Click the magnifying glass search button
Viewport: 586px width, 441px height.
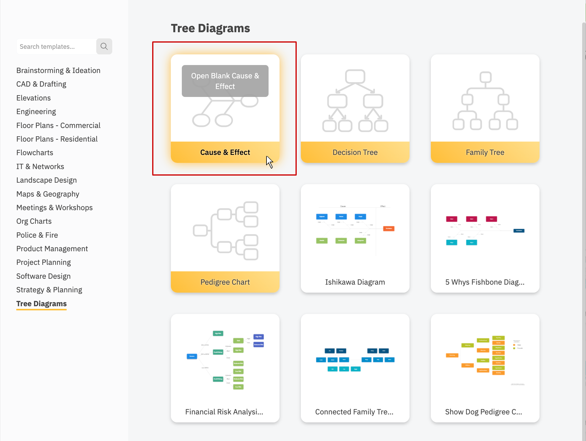104,46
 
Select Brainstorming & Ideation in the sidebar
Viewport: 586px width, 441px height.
58,70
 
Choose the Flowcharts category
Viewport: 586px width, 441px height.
35,153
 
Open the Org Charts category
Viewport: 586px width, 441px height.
34,221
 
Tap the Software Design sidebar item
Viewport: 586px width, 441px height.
43,276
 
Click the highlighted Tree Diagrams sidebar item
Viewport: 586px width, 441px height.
41,304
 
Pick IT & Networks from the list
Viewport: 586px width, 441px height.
40,166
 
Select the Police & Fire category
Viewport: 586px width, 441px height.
37,235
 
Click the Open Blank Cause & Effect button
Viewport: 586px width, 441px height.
225,81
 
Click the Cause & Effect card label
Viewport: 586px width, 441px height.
225,152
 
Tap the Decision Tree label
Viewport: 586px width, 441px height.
355,152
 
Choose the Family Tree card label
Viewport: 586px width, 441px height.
485,152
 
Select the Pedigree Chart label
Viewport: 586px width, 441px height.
225,282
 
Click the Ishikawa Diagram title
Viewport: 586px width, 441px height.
355,282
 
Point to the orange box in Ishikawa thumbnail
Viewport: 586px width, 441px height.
388,228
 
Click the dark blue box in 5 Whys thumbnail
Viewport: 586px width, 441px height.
519,231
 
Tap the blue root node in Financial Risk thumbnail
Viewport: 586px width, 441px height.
192,356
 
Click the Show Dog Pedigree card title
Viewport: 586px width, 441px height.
483,412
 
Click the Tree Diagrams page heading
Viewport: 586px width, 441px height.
210,28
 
